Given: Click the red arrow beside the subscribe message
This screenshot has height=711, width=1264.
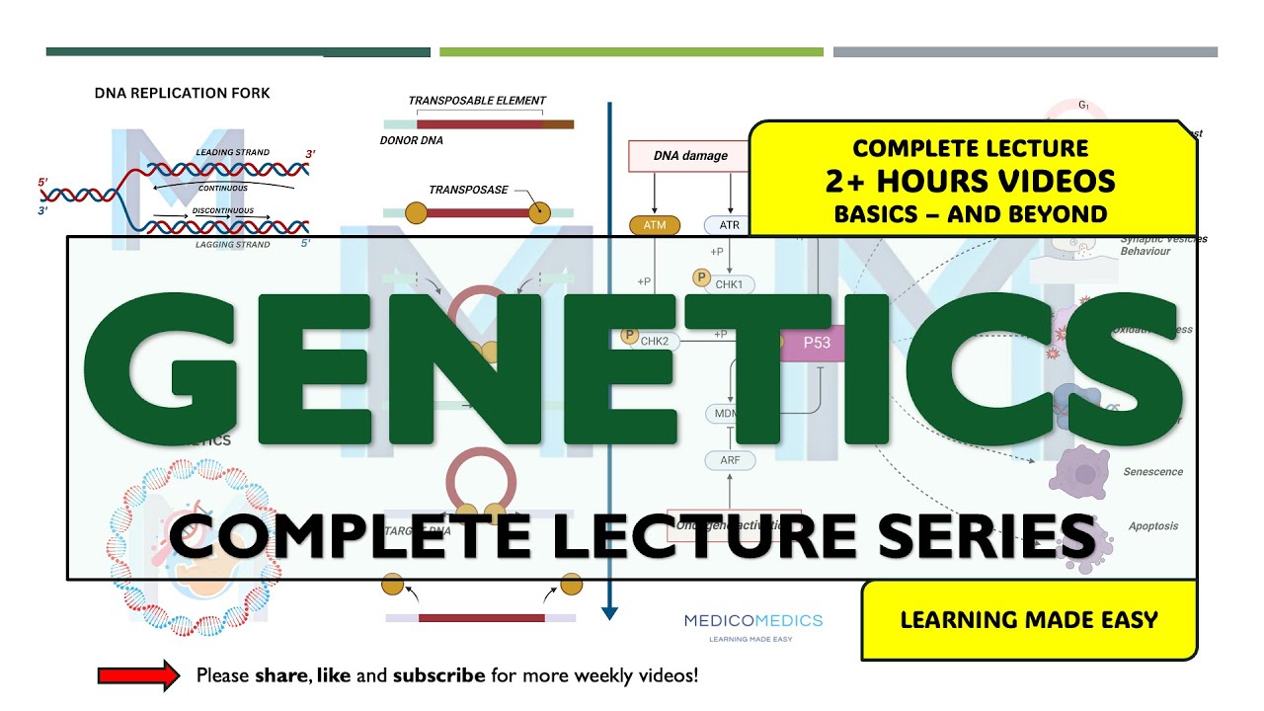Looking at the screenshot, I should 137,675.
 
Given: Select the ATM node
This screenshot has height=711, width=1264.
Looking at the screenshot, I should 655,225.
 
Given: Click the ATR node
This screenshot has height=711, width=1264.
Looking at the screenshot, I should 729,225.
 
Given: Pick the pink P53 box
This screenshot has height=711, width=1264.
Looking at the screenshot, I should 816,343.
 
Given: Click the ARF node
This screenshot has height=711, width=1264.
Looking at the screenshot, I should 730,460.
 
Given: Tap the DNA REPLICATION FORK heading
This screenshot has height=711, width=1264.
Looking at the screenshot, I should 182,93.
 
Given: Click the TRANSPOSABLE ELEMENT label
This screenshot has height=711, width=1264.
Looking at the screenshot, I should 477,101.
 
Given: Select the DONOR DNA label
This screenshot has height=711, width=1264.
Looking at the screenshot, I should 411,140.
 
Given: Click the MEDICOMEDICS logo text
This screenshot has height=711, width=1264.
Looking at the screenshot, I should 753,620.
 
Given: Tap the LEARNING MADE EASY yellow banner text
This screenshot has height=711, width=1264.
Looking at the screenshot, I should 1028,620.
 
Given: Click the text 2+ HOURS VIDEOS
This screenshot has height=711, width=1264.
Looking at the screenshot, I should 971,181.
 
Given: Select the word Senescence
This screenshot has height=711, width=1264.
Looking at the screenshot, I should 1152,472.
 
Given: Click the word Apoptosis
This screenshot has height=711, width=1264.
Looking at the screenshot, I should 1152,526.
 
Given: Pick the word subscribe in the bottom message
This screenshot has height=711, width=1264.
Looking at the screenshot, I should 438,676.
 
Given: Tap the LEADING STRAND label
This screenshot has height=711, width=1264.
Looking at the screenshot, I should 232,153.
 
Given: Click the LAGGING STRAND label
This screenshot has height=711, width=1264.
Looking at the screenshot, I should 232,245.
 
